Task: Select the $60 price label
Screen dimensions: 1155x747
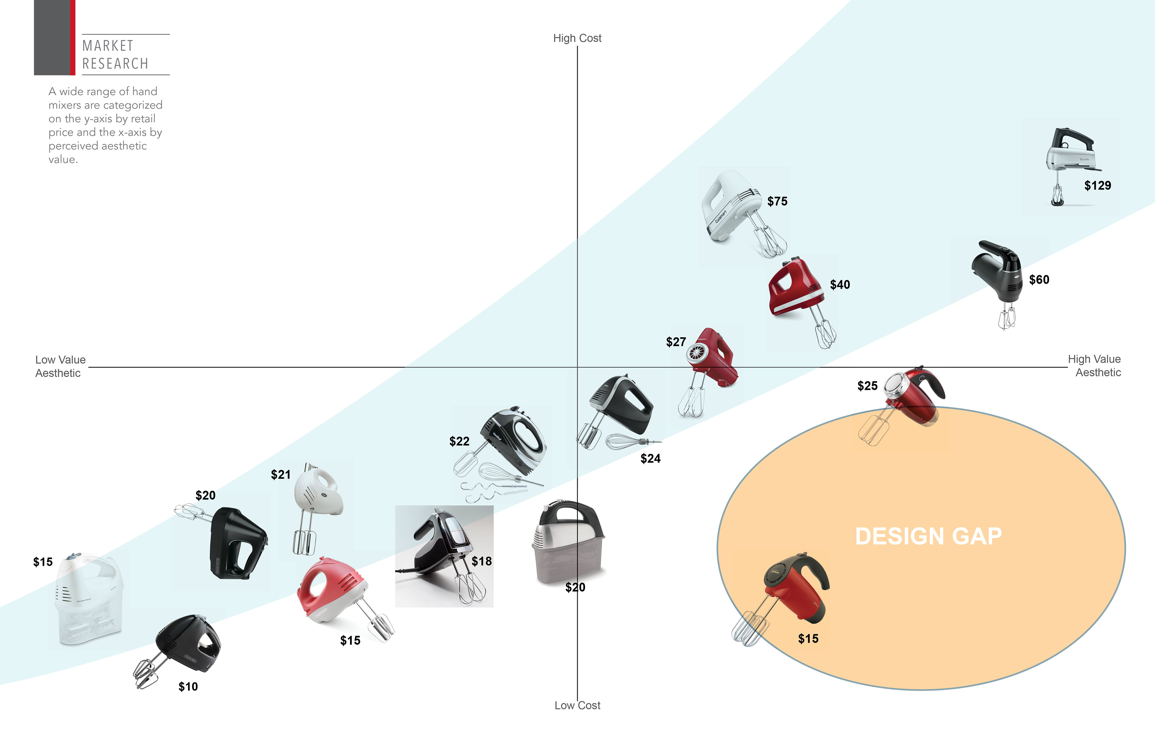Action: (1039, 280)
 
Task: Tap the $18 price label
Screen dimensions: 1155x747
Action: (482, 561)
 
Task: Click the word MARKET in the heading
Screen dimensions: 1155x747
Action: (108, 46)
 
